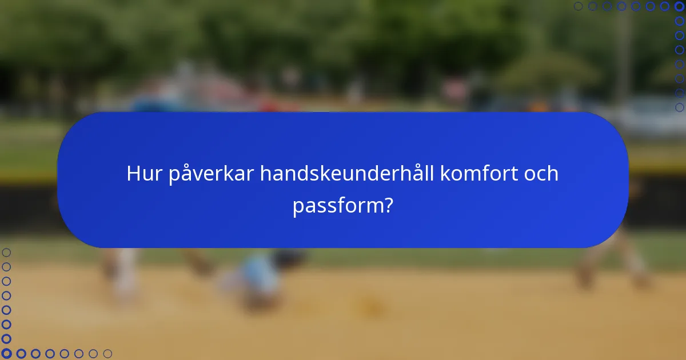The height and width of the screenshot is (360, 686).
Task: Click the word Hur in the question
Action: pyautogui.click(x=145, y=174)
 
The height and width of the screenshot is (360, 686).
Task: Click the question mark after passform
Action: pyautogui.click(x=388, y=204)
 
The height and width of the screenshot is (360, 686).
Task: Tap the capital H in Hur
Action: pyautogui.click(x=134, y=174)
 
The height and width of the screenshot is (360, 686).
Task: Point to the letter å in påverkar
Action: pyautogui.click(x=187, y=173)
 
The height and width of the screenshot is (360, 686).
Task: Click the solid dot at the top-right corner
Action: pyautogui.click(x=679, y=6)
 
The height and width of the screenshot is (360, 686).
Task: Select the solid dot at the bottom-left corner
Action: pyautogui.click(x=6, y=354)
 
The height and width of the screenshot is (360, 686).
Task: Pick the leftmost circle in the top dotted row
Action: pyautogui.click(x=578, y=6)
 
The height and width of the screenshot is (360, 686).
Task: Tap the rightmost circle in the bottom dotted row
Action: pyautogui.click(x=107, y=354)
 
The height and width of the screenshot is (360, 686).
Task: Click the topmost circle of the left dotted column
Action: pyautogui.click(x=6, y=252)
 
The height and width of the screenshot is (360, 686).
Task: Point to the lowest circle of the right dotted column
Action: pyautogui.click(x=679, y=107)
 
